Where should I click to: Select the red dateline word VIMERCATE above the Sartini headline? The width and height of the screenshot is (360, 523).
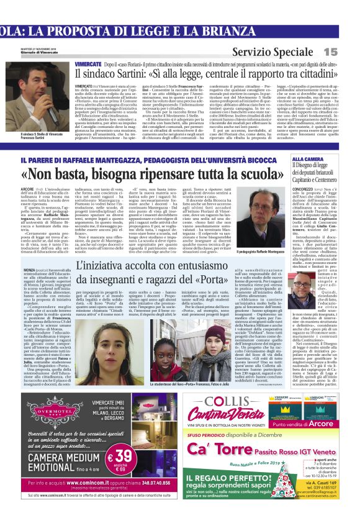[89, 65]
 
